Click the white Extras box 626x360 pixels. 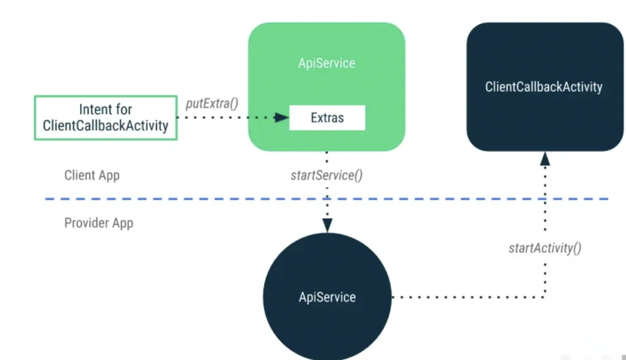[x=327, y=118]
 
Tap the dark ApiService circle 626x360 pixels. [x=327, y=298]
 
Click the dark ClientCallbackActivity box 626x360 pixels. [x=544, y=87]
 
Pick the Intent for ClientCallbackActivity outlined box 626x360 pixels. [x=105, y=117]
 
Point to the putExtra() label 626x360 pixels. [x=212, y=103]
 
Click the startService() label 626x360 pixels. [x=326, y=175]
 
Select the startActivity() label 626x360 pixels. [x=545, y=248]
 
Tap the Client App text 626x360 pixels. [x=92, y=175]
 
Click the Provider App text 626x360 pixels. [x=98, y=222]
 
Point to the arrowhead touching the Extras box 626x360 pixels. [x=282, y=117]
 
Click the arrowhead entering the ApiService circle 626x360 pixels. [x=327, y=226]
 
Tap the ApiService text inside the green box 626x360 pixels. [x=326, y=63]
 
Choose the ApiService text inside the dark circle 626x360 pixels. [x=327, y=298]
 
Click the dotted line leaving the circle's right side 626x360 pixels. [x=465, y=298]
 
